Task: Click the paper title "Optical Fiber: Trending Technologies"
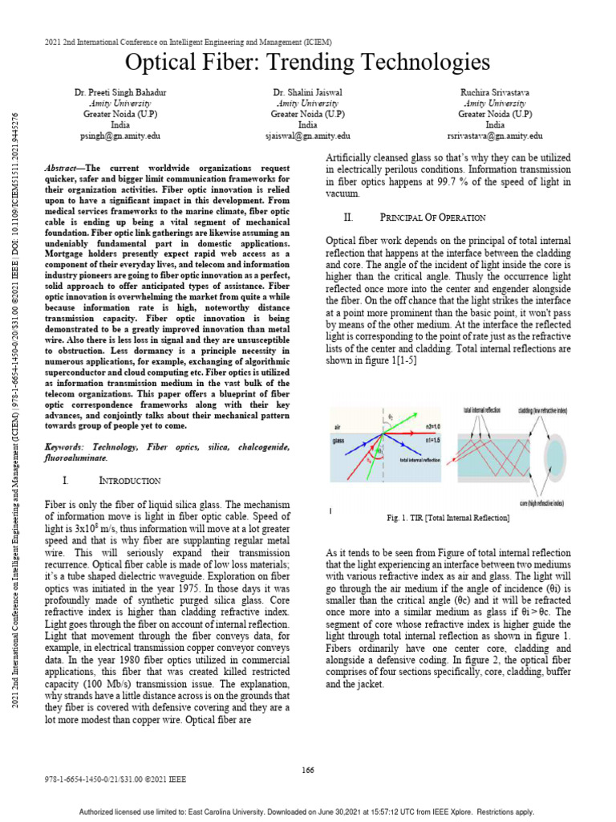coord(309,63)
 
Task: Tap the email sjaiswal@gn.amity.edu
coord(307,136)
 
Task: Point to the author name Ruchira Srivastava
coord(495,93)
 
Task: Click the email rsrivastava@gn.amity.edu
coord(495,136)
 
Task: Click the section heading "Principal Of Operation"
coord(432,218)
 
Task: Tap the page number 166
coord(308,770)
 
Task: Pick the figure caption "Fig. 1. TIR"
coord(448,519)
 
